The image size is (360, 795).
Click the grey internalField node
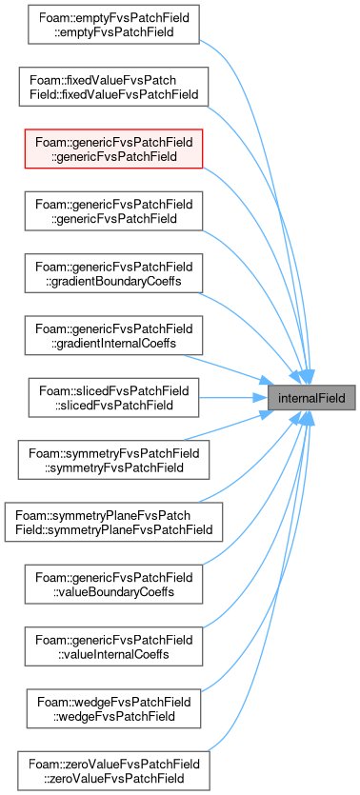click(311, 398)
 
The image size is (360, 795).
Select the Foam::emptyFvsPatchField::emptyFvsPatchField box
click(113, 25)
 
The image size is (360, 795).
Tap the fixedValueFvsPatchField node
click(113, 87)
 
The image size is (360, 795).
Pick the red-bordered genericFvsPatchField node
click(113, 149)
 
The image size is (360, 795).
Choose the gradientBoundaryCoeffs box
click(113, 273)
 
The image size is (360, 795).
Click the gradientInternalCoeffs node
click(113, 336)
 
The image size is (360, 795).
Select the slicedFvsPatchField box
click(113, 398)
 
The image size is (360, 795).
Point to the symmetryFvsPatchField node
click(113, 460)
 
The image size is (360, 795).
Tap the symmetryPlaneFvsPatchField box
click(113, 523)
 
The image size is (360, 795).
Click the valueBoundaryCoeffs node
click(113, 585)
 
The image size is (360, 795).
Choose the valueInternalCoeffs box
click(113, 646)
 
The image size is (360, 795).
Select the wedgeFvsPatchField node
click(113, 708)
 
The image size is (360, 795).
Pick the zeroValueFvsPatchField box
click(113, 771)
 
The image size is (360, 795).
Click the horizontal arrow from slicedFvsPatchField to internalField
click(233, 398)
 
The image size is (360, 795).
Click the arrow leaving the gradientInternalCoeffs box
click(230, 369)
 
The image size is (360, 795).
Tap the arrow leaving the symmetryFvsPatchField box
click(230, 427)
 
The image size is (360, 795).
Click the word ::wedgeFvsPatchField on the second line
click(113, 716)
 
